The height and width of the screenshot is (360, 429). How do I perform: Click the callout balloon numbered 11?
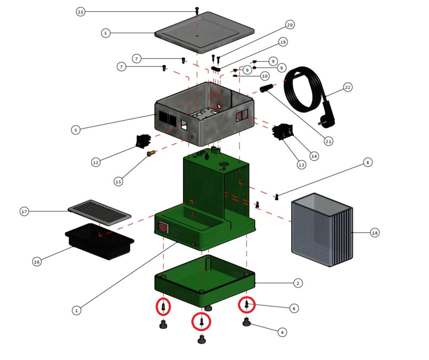pyautogui.click(x=80, y=12)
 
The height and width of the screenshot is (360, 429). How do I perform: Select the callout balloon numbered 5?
pyautogui.click(x=106, y=33)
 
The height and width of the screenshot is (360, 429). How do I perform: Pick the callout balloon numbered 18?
pyautogui.click(x=374, y=233)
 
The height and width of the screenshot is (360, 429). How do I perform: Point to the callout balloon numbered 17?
pyautogui.click(x=24, y=212)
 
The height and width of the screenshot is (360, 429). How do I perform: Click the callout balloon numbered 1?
pyautogui.click(x=77, y=310)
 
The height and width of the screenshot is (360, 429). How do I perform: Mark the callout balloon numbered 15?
pyautogui.click(x=119, y=182)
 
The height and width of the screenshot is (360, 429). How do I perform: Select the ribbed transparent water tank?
pyautogui.click(x=321, y=230)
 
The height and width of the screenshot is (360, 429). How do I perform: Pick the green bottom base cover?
pyautogui.click(x=204, y=279)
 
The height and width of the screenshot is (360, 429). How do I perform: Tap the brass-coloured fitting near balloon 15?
pyautogui.click(x=151, y=154)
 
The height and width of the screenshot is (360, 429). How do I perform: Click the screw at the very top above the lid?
pyautogui.click(x=197, y=10)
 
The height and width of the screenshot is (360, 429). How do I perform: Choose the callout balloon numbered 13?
pyautogui.click(x=301, y=165)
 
